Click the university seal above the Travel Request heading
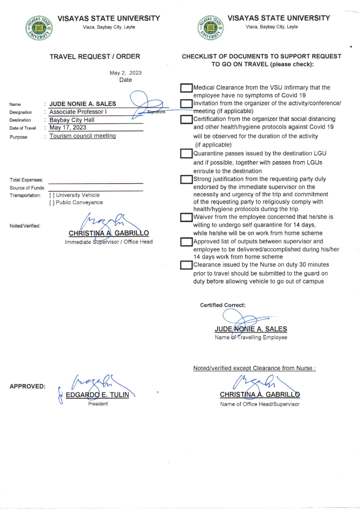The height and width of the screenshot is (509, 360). [x=39, y=28]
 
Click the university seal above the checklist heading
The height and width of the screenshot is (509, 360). [x=210, y=28]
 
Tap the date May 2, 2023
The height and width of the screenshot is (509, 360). [x=125, y=73]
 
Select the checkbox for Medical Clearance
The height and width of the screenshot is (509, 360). [x=186, y=88]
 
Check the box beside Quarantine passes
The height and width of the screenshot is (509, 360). [x=186, y=154]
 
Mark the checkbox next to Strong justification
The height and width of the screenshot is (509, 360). [x=186, y=179]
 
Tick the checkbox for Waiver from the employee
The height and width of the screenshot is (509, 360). [x=186, y=217]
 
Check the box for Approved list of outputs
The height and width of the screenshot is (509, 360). [x=186, y=242]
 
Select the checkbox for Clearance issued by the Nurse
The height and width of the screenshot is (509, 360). [x=186, y=265]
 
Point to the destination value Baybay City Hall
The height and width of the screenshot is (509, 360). [x=72, y=120]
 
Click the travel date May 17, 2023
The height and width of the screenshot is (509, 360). [x=68, y=127]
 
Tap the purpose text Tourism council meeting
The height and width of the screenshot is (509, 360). [x=83, y=136]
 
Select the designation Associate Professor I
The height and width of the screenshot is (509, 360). [x=78, y=112]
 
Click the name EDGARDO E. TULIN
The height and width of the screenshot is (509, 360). [x=98, y=395]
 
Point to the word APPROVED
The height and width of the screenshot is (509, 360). [x=28, y=386]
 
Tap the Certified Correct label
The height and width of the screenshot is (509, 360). [x=223, y=305]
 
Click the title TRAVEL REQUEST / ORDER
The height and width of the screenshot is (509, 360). [x=95, y=57]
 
